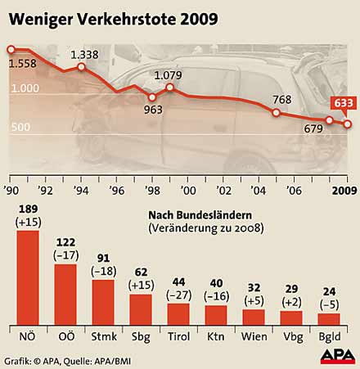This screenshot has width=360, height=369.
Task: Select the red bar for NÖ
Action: coord(28,278)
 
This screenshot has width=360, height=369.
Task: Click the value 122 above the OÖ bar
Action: coord(65,243)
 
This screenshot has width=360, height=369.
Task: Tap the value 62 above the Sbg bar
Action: coord(141,272)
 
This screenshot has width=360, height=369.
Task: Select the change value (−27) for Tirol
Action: coord(178,294)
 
